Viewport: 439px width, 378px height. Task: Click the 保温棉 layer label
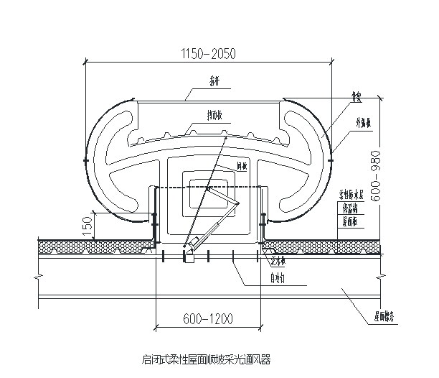(351, 208)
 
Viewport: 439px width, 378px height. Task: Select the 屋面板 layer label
(351, 222)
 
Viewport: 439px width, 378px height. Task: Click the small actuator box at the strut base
(189, 255)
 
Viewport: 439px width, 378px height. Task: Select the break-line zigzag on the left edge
(38, 274)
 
